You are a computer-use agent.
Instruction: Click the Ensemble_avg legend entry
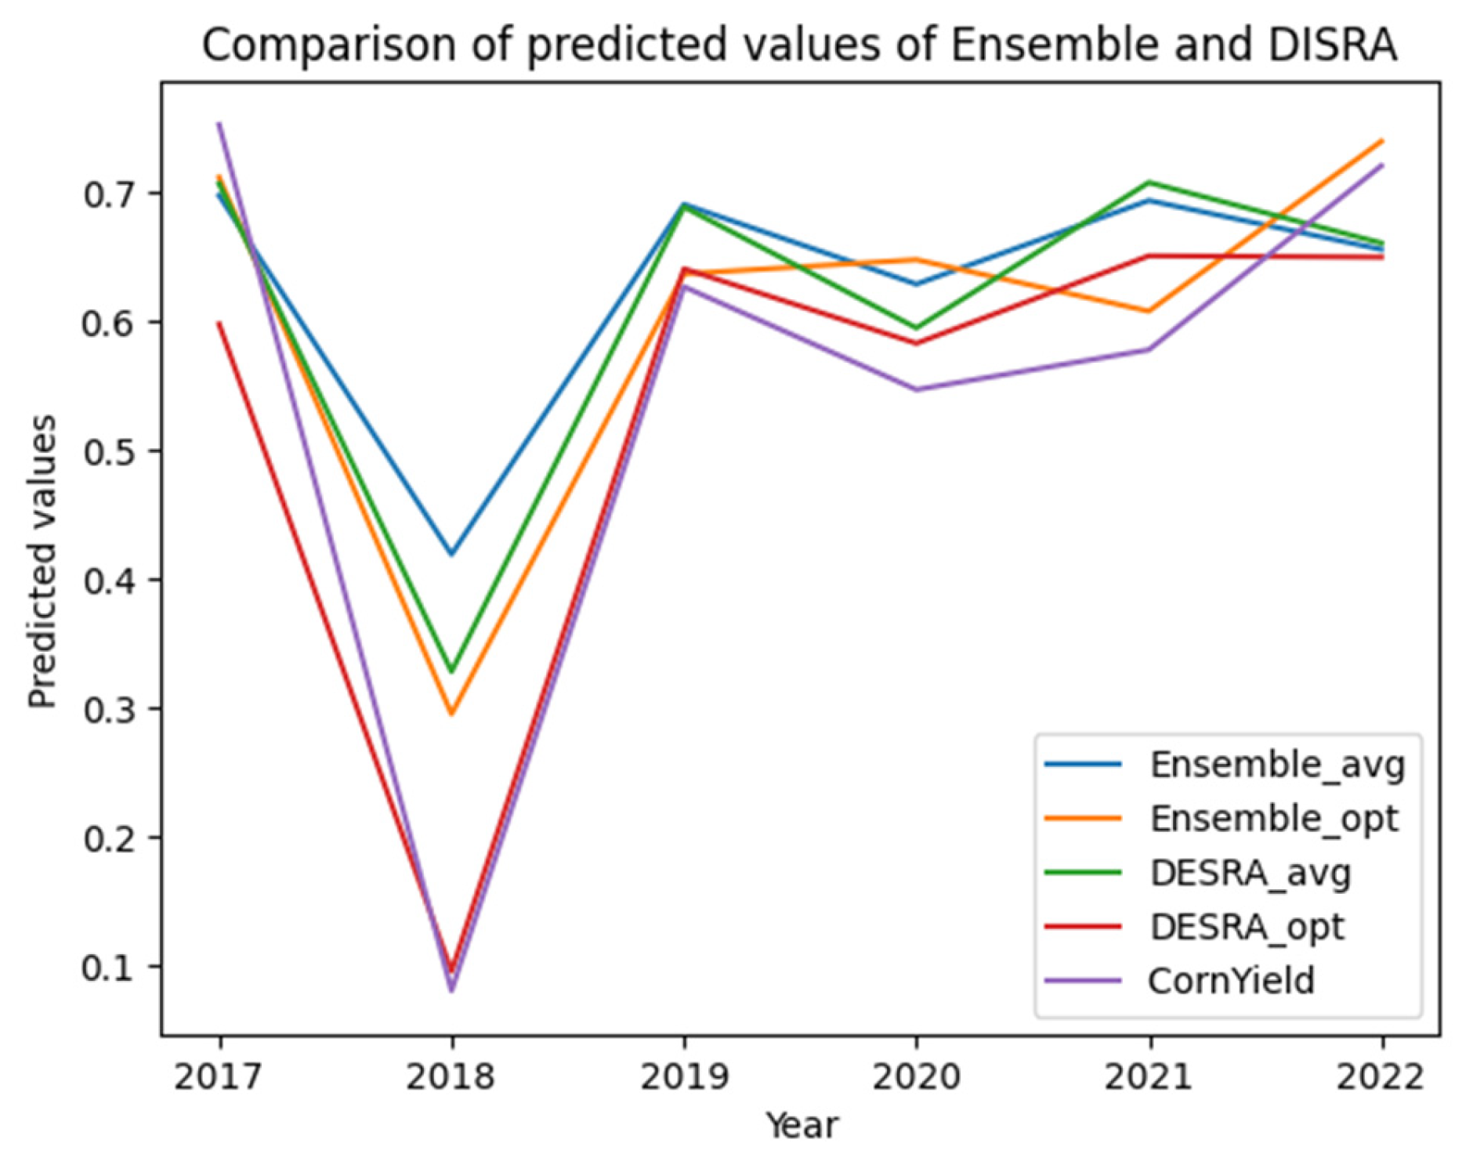coord(1276,764)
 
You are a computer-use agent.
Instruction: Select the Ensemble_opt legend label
coord(1273,819)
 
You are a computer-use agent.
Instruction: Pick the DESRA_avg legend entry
coord(1250,873)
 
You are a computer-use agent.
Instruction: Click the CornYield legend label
coord(1231,981)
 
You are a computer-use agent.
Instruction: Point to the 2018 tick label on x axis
coord(451,1077)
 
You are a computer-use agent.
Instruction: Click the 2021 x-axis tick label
coord(1149,1077)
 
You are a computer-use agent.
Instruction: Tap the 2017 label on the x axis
coord(218,1077)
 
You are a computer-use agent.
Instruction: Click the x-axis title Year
coord(802,1126)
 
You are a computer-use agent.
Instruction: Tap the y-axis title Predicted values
coord(42,561)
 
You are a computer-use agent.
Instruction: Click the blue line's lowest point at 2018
coord(451,554)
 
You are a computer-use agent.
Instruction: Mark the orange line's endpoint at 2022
coord(1382,141)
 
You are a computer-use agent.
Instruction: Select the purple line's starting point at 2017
coord(219,123)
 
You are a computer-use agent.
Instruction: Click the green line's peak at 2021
coord(1149,183)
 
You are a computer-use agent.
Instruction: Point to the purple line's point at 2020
coord(917,389)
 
